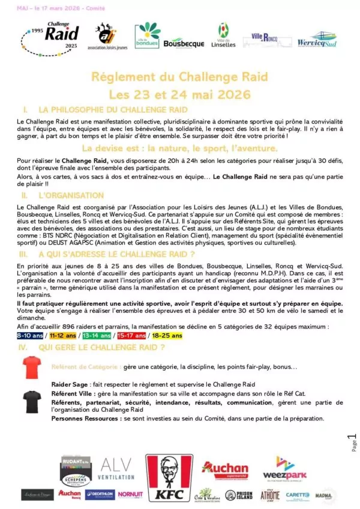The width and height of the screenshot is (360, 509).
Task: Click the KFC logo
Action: [x=169, y=478]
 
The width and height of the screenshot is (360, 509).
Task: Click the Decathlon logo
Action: [x=99, y=495]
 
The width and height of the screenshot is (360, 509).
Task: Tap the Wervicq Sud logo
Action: [x=317, y=41]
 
